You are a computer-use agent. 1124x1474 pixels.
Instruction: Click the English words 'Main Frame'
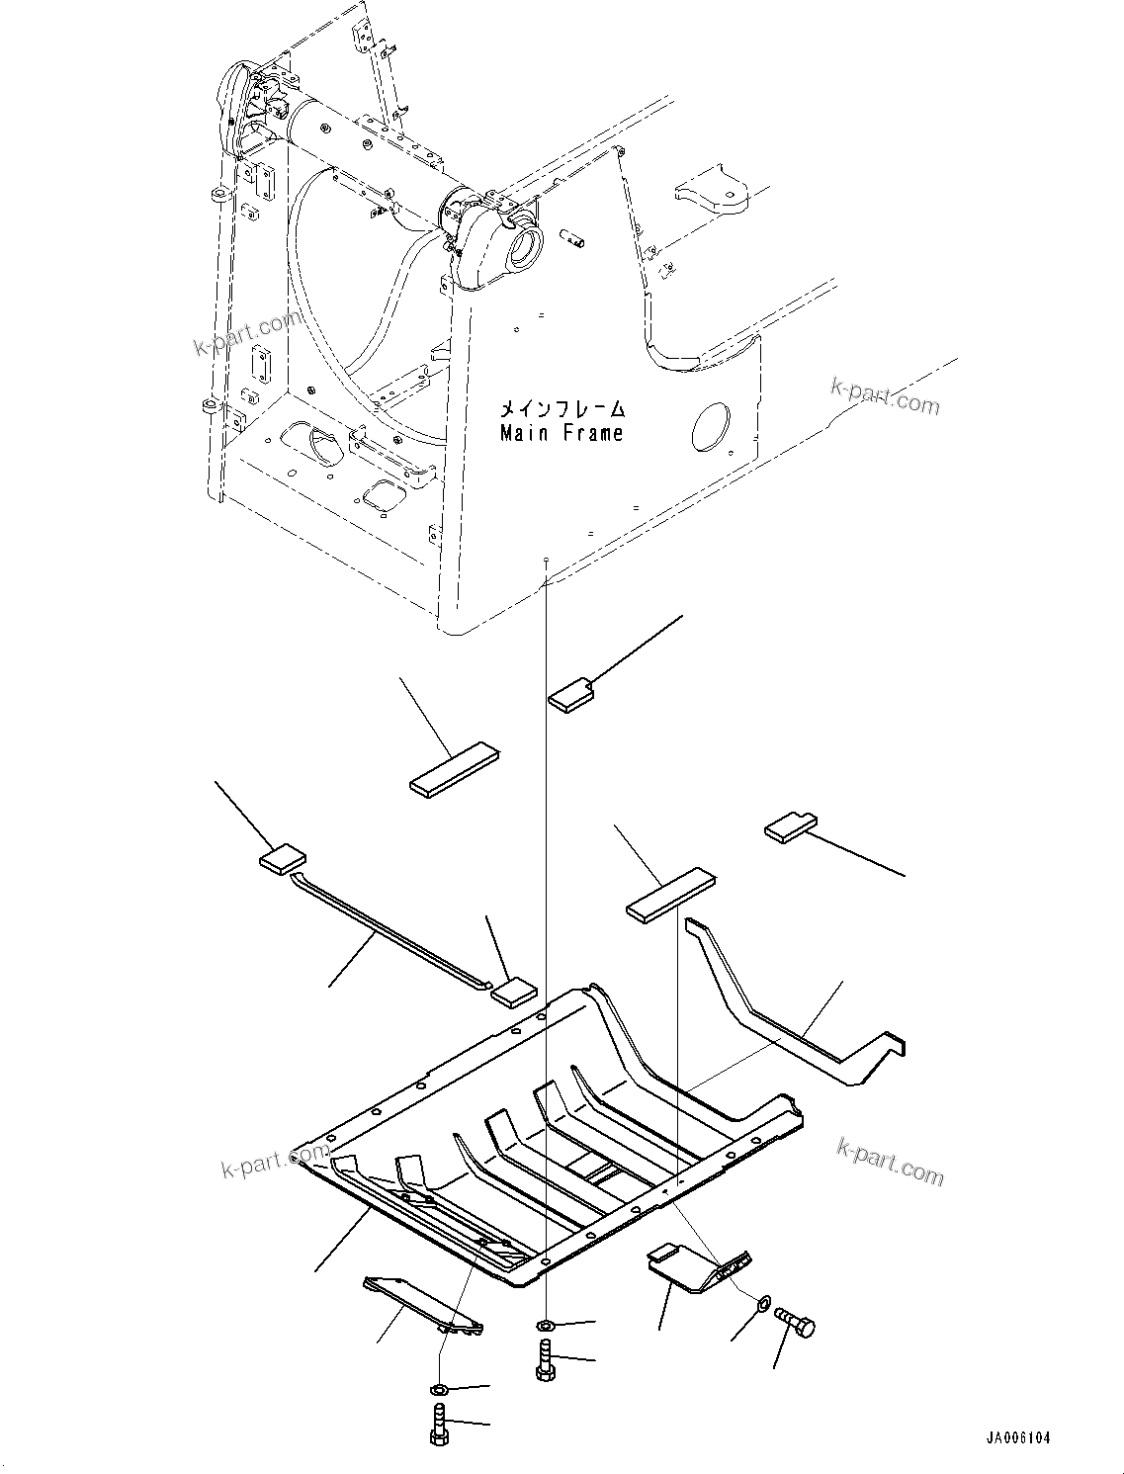click(x=562, y=433)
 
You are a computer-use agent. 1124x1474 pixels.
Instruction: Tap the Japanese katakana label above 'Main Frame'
click(x=562, y=408)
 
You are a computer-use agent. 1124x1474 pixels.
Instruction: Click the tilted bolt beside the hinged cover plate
click(x=798, y=1321)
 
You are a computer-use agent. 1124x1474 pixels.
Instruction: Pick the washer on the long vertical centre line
click(x=546, y=1325)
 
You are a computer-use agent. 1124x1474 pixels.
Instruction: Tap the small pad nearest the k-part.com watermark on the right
click(x=791, y=827)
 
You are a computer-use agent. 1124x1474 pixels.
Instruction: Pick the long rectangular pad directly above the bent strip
click(x=670, y=895)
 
